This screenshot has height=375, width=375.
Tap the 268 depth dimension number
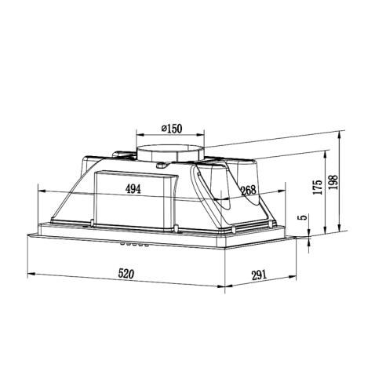tap(249, 189)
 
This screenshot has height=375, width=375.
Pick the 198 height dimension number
tap(335, 182)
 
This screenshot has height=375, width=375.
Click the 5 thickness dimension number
tap(300, 219)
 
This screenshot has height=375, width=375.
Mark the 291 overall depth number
tap(261, 275)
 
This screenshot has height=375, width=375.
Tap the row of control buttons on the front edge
tap(133, 245)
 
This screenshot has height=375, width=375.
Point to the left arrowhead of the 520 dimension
tap(30, 275)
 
